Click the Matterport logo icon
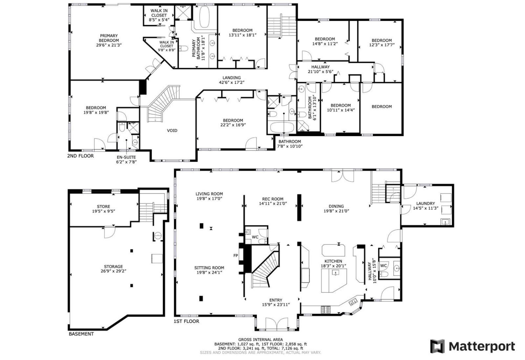[x=437, y=346]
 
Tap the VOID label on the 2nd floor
[x=172, y=130]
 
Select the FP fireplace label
[x=236, y=255]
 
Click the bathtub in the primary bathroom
[x=204, y=17]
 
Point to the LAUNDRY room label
[x=425, y=204]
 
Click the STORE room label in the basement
[x=103, y=207]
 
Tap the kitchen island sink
[x=336, y=273]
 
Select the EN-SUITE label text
[x=126, y=157]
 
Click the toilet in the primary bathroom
[x=183, y=49]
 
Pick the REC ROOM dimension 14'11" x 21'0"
[x=273, y=204]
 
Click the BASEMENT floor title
[x=81, y=334]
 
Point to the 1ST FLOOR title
[x=186, y=321]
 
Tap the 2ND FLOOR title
[x=80, y=156]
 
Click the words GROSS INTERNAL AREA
[x=261, y=339]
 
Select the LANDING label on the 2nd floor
[x=232, y=77]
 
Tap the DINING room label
[x=336, y=206]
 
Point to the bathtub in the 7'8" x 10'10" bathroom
[x=282, y=128]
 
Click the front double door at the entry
[x=277, y=324]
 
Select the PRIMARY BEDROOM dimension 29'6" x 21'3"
[x=109, y=45]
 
